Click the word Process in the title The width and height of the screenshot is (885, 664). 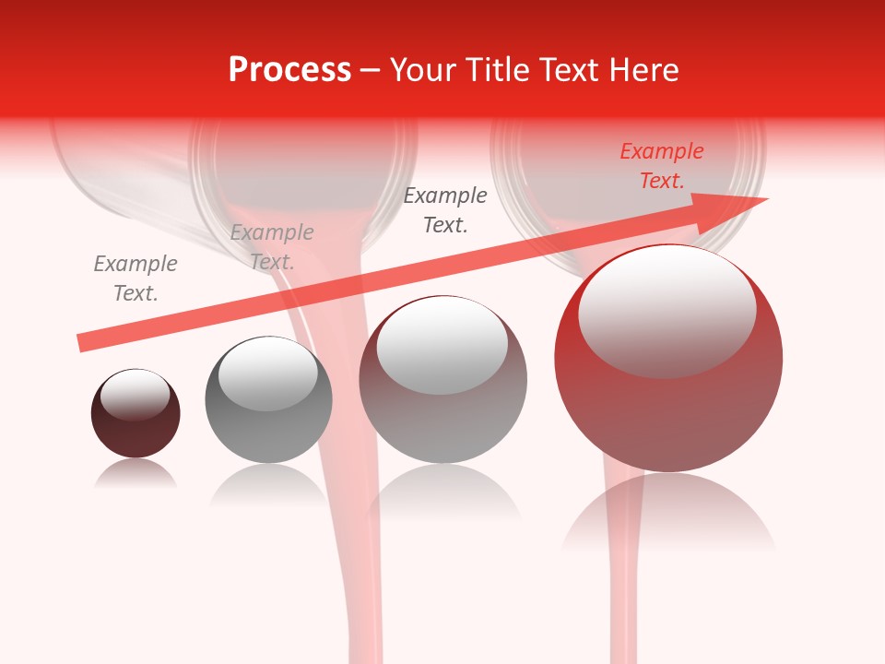289,70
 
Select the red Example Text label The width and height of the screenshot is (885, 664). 662,166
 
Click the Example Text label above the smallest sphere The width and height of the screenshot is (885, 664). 136,279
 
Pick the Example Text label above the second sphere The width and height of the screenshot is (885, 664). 272,247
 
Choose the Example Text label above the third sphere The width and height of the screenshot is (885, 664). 445,210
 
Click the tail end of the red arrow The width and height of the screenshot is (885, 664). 81,343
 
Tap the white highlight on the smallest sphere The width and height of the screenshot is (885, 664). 136,395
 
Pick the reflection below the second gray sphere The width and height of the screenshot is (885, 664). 268,483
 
